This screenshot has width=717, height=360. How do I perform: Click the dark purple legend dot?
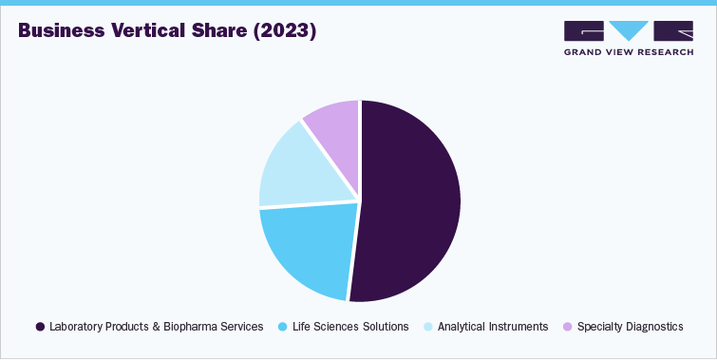coord(40,327)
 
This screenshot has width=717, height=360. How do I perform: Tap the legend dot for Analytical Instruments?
coord(428,327)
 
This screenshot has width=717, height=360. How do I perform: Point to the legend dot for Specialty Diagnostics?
coord(568,327)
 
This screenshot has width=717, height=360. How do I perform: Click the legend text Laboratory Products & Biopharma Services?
coord(157,327)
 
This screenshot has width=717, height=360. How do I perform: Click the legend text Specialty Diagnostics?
coord(631,327)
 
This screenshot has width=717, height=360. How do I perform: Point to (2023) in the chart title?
coord(287,31)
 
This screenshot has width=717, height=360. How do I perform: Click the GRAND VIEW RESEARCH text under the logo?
coord(628,51)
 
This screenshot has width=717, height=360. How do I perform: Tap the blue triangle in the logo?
coord(629,30)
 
